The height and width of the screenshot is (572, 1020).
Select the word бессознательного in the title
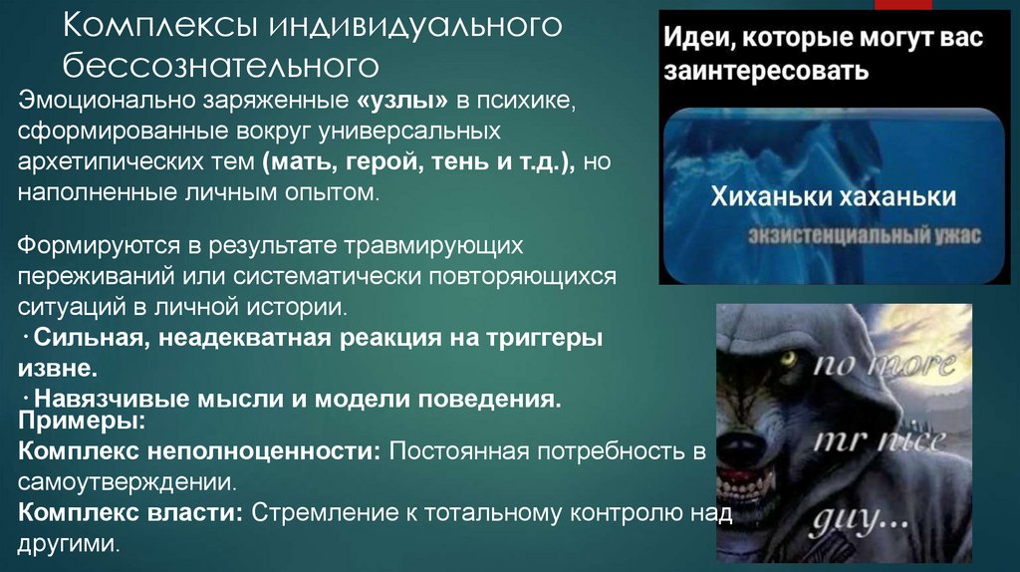(x=221, y=66)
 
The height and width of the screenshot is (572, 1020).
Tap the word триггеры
(x=549, y=338)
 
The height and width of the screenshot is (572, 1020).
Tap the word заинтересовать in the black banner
(x=767, y=73)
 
